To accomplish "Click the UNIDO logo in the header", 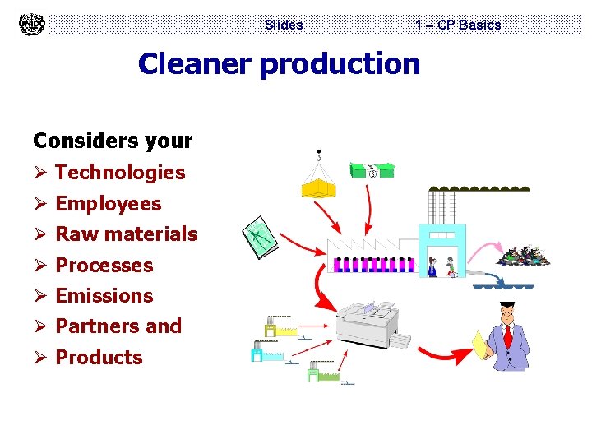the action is coord(32,24).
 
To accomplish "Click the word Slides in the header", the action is coord(284,25).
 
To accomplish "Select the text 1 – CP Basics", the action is coord(458,25).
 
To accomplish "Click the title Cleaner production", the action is coord(279,63).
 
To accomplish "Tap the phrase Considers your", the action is coord(113,141).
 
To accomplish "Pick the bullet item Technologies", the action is coord(120,172).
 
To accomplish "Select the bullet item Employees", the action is coord(109,203).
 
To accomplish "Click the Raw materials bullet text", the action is coord(127,234).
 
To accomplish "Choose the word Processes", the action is coord(104,265).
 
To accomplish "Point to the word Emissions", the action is coord(104,295).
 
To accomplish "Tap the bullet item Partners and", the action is coord(118,326).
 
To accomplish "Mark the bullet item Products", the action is coord(99,357).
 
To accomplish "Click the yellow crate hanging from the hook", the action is coord(319,188).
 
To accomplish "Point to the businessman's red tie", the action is coord(508,336).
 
